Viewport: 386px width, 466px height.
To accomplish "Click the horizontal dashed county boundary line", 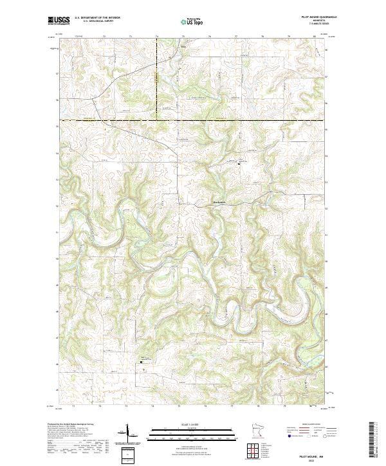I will click(x=193, y=120).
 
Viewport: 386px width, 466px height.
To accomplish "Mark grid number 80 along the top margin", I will click(x=315, y=37).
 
